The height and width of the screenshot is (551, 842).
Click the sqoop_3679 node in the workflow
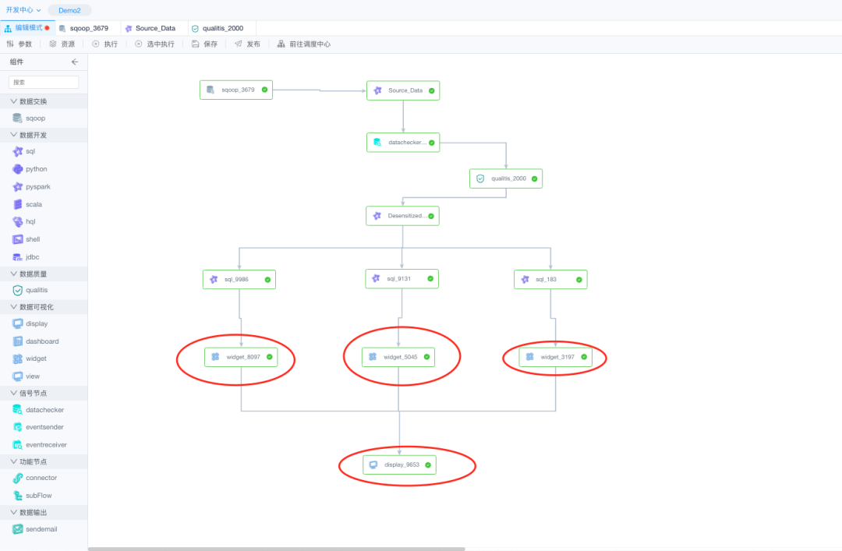pos(235,90)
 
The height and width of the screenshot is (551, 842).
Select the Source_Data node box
pos(402,90)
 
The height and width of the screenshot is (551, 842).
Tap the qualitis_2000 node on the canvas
pos(505,178)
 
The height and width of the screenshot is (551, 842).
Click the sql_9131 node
pos(402,278)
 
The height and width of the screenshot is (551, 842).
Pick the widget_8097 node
pos(241,357)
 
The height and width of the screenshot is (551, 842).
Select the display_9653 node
pos(399,464)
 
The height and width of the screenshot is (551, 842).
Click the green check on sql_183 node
pos(579,279)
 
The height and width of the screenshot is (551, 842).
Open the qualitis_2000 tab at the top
pos(222,28)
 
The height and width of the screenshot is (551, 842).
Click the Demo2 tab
pos(69,10)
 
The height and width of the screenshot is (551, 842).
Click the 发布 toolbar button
pos(248,44)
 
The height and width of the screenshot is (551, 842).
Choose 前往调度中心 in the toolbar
pos(304,44)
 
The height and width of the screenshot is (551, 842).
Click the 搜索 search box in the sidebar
pos(44,82)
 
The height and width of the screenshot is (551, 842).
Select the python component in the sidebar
pos(36,169)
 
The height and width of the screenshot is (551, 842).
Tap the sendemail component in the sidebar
pos(41,529)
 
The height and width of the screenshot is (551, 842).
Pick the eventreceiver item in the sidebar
pos(45,445)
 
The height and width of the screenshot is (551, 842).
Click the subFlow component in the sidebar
pos(38,496)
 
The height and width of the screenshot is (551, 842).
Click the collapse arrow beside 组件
pos(75,62)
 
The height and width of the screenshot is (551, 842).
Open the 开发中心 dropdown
pos(23,10)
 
